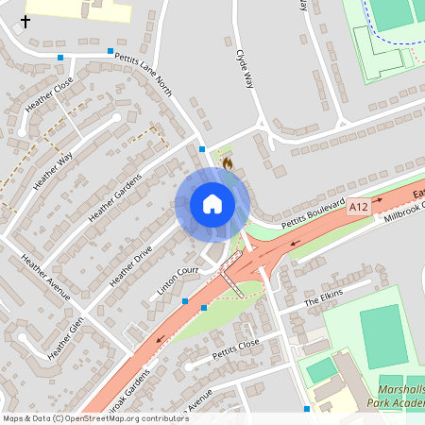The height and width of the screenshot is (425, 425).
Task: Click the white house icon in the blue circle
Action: point(212,203)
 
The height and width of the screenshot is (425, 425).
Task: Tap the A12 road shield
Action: point(357,207)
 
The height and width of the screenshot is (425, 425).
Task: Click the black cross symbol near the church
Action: point(25,19)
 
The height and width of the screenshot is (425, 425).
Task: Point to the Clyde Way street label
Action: point(246,68)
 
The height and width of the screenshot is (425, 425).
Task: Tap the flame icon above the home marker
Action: point(227,163)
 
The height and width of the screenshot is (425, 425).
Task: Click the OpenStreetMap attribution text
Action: point(94,418)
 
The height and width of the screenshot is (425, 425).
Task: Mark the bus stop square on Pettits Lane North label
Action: point(110,51)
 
